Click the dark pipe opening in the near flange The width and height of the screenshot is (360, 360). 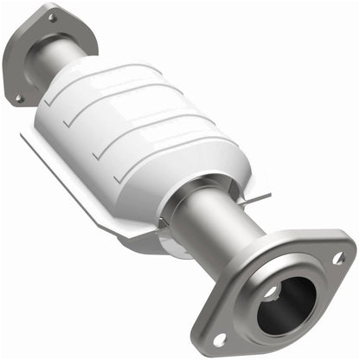tap(286, 303)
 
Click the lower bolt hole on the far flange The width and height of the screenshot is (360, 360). tap(19, 98)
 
